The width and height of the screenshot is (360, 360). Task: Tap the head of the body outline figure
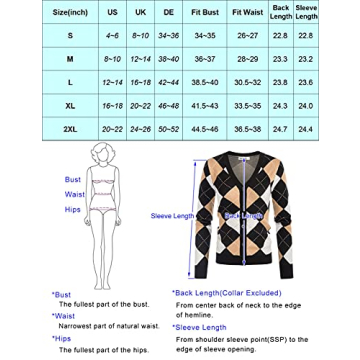click(x=71, y=151)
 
